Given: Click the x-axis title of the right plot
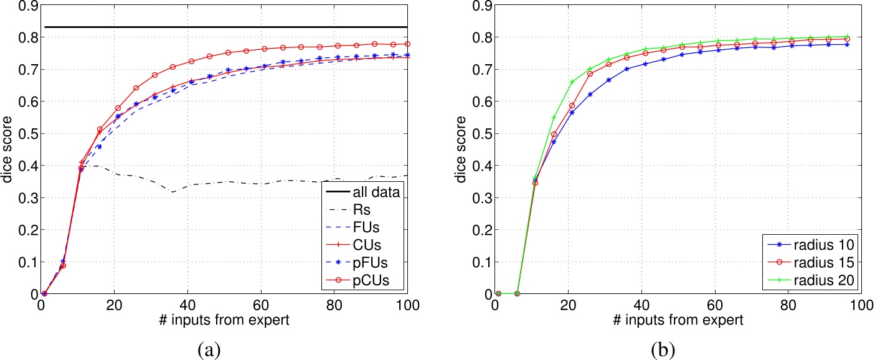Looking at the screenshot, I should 678,321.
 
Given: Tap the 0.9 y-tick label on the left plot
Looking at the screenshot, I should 26,6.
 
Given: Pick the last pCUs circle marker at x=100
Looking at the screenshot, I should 408,44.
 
